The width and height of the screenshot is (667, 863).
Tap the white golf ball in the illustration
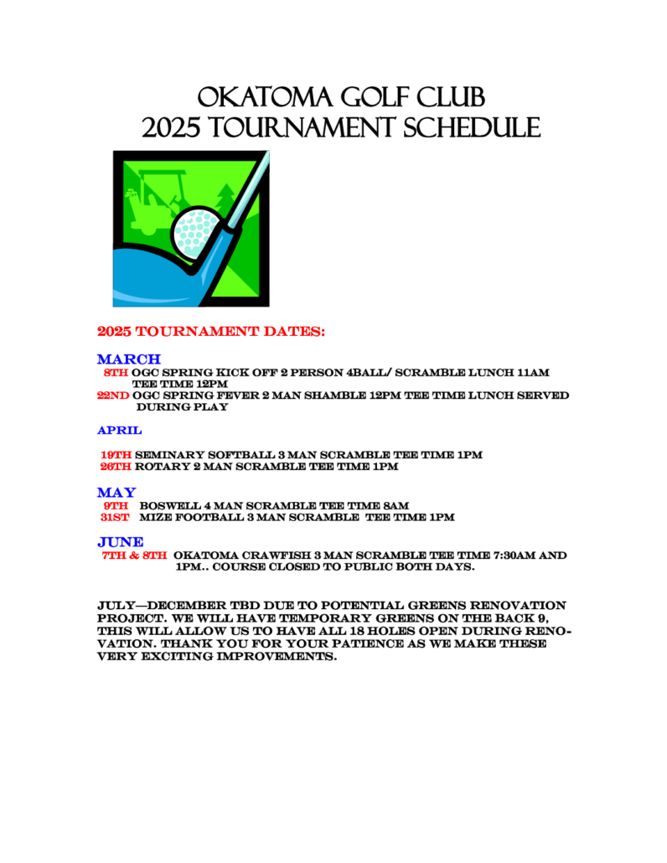point(194,230)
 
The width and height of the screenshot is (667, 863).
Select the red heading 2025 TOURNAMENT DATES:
point(211,332)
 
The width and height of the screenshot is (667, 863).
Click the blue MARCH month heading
point(128,359)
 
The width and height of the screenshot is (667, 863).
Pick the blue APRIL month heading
point(120,430)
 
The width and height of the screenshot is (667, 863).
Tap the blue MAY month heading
point(116,492)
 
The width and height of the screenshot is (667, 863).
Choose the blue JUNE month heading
point(120,542)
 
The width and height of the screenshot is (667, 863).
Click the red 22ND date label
point(114,395)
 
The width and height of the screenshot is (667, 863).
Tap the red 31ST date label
point(113,517)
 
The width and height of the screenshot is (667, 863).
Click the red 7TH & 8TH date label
point(134,555)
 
